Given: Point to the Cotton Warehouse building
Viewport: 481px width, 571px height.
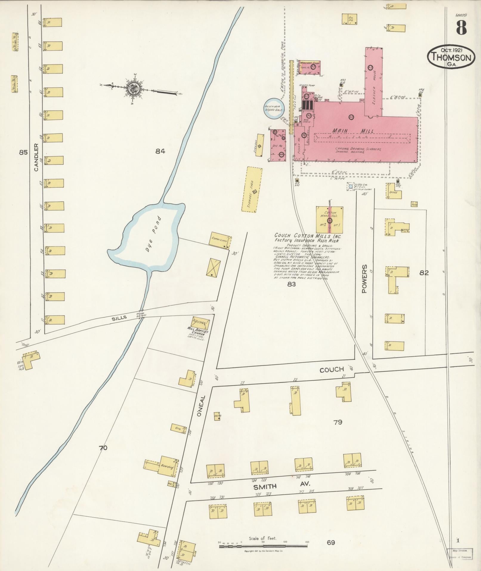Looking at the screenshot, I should [x=330, y=220].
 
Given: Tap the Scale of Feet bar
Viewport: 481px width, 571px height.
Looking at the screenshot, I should [x=263, y=547].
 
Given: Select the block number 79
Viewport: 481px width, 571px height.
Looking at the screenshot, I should [x=338, y=422].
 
